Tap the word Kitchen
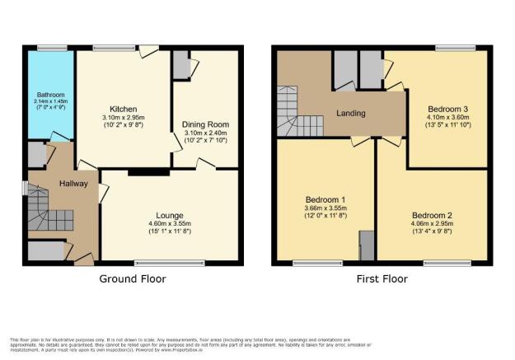[x=124, y=109]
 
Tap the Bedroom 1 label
[x=325, y=199]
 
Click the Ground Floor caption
[x=133, y=278]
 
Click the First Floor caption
[x=382, y=278]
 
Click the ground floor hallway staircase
[x=46, y=210]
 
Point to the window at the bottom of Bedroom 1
[x=310, y=263]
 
